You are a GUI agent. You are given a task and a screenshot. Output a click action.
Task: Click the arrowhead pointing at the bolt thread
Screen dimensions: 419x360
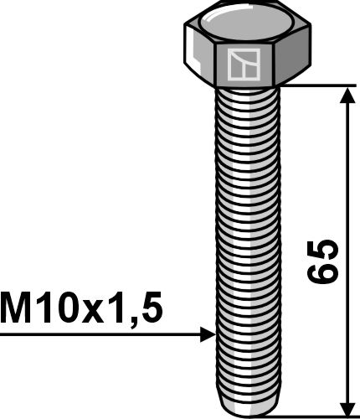tap(208, 335)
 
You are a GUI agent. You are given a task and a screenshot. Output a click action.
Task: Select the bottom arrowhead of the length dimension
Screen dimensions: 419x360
tap(344, 405)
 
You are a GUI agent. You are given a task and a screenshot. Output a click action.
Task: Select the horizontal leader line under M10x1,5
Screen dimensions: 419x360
tap(100, 335)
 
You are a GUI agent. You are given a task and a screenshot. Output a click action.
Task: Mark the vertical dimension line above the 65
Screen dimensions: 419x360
tap(344, 168)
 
